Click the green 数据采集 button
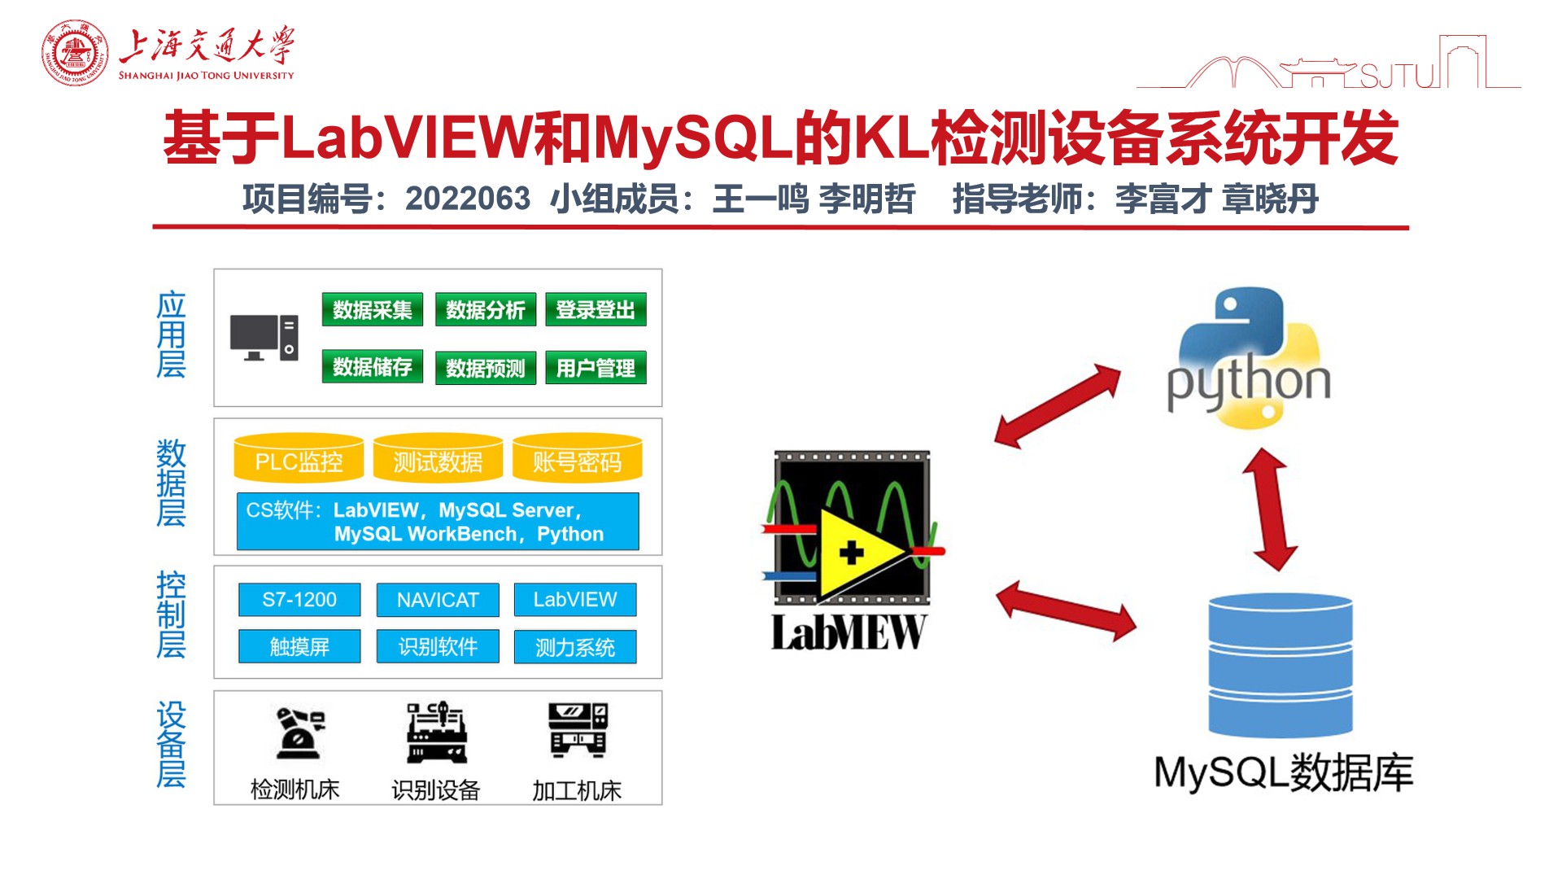click(372, 310)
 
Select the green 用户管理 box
click(596, 368)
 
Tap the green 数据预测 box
click(485, 368)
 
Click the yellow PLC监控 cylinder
click(299, 460)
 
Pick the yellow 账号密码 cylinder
click(577, 460)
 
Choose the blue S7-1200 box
click(299, 600)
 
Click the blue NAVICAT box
click(438, 600)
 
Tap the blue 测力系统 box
click(575, 647)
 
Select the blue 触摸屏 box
click(299, 647)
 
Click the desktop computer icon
click(264, 338)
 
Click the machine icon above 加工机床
click(578, 731)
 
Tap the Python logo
click(1249, 358)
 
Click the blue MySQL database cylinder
click(1281, 666)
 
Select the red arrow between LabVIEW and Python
click(1058, 405)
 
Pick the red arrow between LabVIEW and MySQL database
click(1066, 610)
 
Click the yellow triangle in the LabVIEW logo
click(854, 553)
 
